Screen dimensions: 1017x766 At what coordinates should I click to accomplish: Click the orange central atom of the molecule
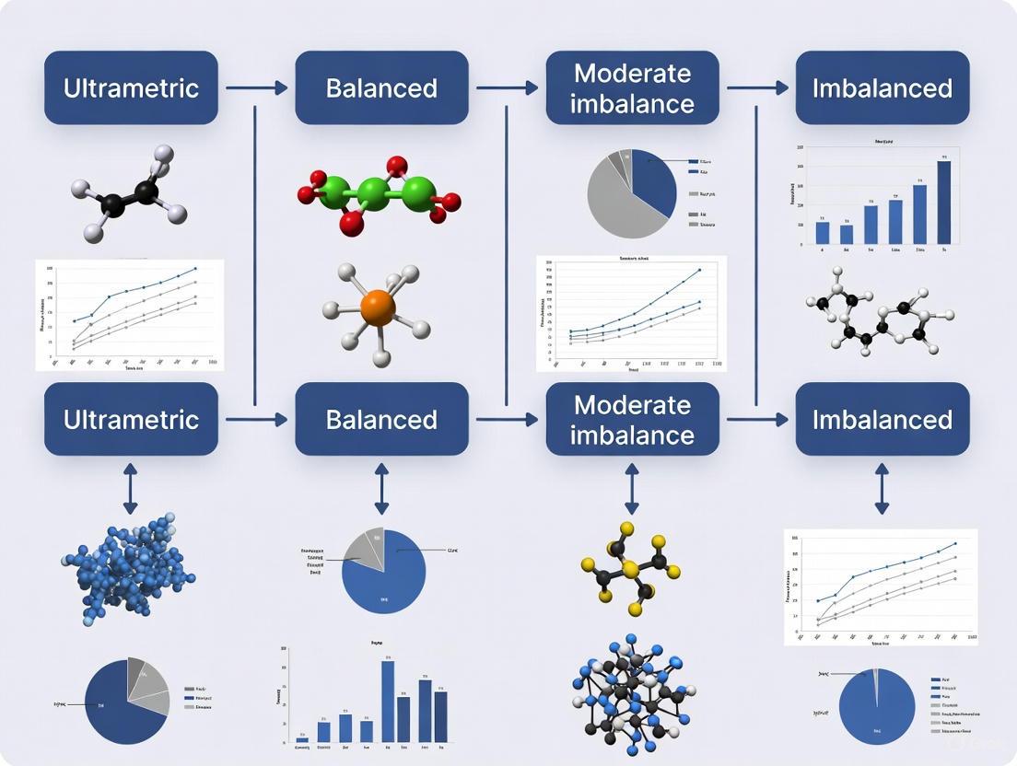378,308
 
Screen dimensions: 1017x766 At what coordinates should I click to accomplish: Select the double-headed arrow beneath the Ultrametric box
130,488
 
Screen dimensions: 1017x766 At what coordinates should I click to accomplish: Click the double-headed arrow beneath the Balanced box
381,488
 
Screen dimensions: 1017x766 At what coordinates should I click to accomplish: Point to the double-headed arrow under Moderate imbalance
632,488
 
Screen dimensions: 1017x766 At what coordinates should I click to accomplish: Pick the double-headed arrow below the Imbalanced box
882,488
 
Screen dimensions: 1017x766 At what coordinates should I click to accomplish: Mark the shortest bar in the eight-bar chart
302,739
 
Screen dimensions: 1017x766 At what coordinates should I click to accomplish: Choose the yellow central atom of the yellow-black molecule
631,571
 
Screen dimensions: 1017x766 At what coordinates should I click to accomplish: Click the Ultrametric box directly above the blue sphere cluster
131,419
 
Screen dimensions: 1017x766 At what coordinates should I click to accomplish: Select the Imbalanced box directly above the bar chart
882,87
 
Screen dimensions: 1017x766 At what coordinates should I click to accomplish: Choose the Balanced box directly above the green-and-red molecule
381,87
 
